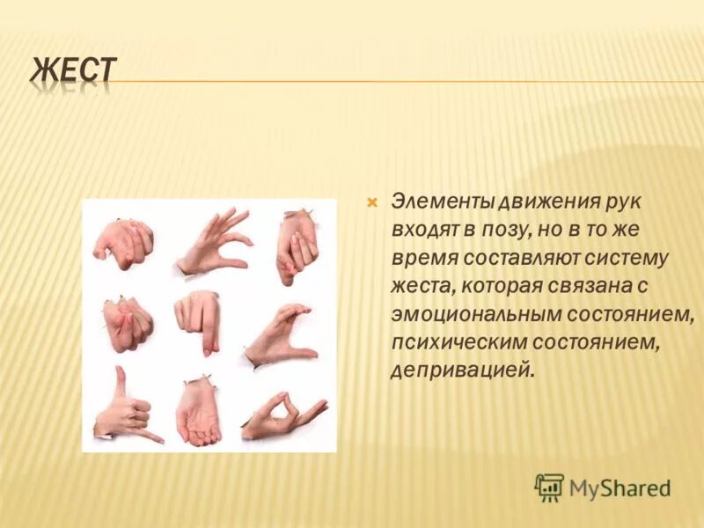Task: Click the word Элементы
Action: tap(442, 202)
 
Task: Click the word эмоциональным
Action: tap(482, 314)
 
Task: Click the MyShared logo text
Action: tap(620, 487)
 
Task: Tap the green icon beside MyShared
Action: tap(549, 487)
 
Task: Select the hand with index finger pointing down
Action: tap(200, 322)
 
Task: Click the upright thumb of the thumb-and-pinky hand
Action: tap(119, 382)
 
